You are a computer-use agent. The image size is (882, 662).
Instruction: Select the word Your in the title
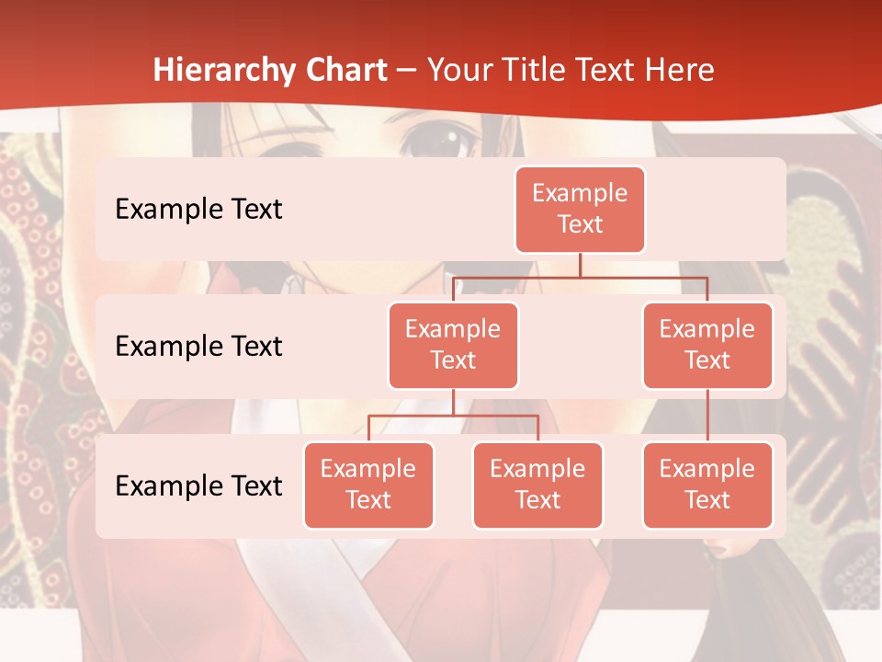click(457, 71)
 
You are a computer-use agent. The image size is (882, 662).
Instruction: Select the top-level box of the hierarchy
click(580, 209)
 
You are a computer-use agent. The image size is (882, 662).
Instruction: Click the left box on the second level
click(453, 345)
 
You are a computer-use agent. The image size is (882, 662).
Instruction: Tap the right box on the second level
click(707, 345)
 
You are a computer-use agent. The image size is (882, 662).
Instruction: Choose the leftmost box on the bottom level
click(368, 485)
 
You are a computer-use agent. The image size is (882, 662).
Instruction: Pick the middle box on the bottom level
click(537, 485)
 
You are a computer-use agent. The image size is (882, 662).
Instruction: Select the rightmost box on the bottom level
click(707, 485)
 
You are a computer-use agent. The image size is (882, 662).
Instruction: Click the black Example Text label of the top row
click(198, 210)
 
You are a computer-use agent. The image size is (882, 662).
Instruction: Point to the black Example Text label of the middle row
click(198, 347)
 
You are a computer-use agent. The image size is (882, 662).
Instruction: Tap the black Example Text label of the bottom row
click(198, 485)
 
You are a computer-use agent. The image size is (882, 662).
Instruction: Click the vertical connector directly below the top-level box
click(580, 265)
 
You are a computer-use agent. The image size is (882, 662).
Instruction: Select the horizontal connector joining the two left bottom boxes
click(453, 416)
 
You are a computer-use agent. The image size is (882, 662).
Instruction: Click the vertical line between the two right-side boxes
click(707, 416)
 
